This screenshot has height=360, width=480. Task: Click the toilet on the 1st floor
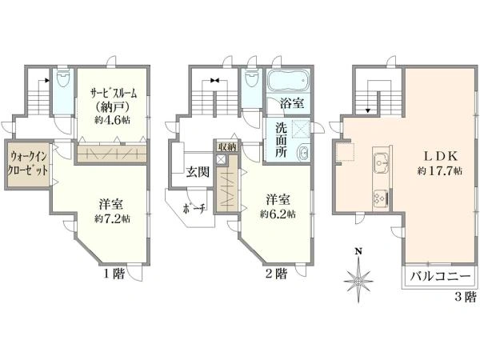point(62,79)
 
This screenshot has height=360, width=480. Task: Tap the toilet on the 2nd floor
point(252,79)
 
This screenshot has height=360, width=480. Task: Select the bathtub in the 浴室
point(288,81)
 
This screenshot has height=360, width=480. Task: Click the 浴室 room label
point(292,103)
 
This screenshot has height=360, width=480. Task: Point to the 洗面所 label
point(281,140)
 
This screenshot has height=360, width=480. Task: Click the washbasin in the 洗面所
point(303,152)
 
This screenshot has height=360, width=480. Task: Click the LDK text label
point(440,157)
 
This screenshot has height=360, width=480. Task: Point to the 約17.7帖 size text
point(439,170)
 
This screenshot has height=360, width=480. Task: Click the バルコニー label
point(439,276)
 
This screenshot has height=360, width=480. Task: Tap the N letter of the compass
point(358,252)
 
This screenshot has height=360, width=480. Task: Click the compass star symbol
point(358,280)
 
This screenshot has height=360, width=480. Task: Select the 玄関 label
point(198,172)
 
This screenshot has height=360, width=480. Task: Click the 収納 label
point(227,147)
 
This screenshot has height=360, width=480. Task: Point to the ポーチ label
point(194,209)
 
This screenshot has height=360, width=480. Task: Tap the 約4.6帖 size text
point(112,119)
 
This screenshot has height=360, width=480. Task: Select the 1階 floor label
point(114,274)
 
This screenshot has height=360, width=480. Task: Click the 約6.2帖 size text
point(278,214)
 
